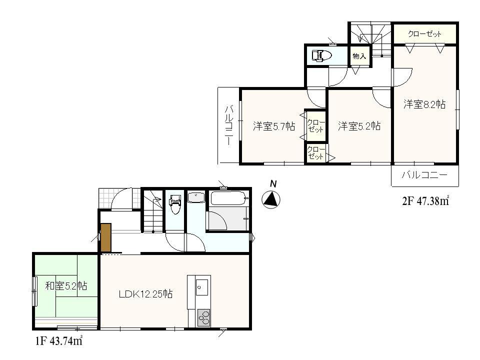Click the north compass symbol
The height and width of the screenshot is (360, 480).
pyautogui.click(x=271, y=199)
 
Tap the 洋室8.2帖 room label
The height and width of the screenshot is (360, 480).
pyautogui.click(x=424, y=104)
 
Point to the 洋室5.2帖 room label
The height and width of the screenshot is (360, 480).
pyautogui.click(x=359, y=126)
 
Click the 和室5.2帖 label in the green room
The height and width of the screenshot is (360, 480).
pyautogui.click(x=66, y=286)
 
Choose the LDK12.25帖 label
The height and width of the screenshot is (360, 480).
pyautogui.click(x=145, y=294)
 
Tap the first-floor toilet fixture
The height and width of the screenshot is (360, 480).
pyautogui.click(x=174, y=204)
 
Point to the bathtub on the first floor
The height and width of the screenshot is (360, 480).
pyautogui.click(x=228, y=199)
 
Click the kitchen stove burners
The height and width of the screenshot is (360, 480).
pyautogui.click(x=203, y=317)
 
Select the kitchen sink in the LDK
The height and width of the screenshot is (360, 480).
pyautogui.click(x=202, y=287)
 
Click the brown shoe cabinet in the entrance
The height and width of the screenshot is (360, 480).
pyautogui.click(x=105, y=238)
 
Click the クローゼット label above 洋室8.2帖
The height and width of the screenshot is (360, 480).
pyautogui.click(x=424, y=34)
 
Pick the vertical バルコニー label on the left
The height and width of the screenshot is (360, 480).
pyautogui.click(x=228, y=125)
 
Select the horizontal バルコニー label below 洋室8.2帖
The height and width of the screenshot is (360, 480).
pyautogui.click(x=424, y=175)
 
